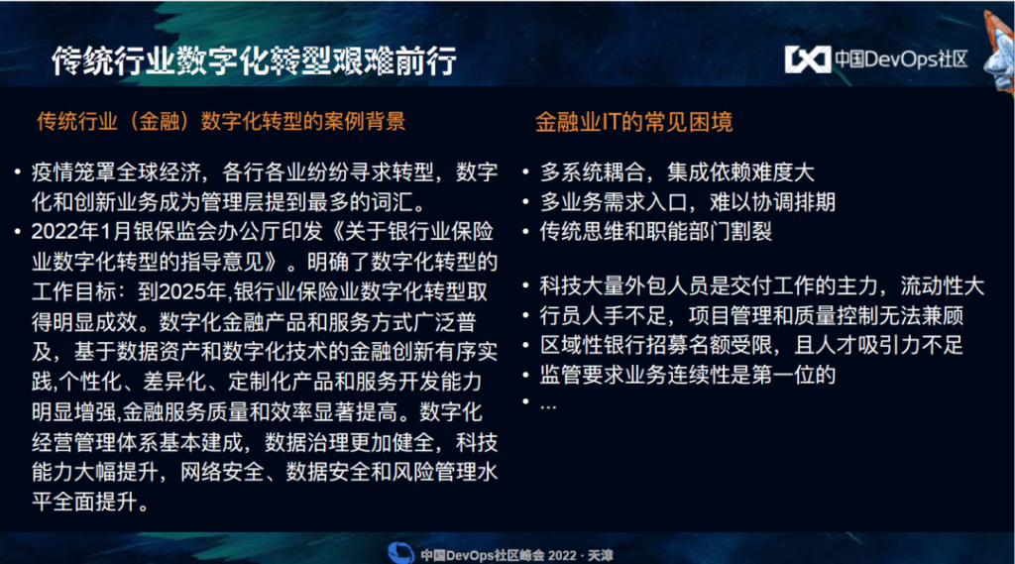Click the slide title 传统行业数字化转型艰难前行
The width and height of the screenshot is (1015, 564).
(254, 60)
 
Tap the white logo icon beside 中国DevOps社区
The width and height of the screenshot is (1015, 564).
(807, 59)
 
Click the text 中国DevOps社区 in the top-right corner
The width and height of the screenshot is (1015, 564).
(901, 59)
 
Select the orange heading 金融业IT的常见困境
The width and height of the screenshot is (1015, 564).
(633, 122)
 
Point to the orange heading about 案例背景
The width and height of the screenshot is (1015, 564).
(221, 121)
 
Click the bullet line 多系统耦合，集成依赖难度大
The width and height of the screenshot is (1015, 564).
(677, 172)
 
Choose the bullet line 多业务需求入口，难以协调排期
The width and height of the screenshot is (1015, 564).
(688, 202)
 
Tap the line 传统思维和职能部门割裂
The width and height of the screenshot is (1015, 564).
(656, 232)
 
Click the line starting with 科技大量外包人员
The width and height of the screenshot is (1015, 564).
(762, 285)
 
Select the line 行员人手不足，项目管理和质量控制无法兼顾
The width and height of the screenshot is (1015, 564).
(751, 315)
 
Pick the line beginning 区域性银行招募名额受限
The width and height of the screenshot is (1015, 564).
(751, 345)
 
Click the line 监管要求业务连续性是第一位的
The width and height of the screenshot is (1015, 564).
(688, 375)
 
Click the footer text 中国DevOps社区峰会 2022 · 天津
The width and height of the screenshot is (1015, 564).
(516, 556)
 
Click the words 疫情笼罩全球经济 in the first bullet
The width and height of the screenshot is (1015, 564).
(117, 172)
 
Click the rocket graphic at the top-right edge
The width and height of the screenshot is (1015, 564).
(999, 52)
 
